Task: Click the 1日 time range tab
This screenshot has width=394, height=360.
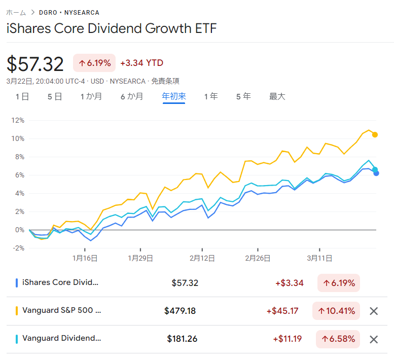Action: coord(22,96)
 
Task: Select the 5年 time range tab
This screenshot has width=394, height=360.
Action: coord(243,96)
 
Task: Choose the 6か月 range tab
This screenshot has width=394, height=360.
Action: coord(132,96)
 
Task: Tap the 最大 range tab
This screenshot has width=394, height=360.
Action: coord(277,96)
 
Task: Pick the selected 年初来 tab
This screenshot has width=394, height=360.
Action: coord(174,96)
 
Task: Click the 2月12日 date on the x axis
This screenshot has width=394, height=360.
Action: coord(202,258)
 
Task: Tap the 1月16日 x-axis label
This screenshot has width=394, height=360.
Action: coord(85,258)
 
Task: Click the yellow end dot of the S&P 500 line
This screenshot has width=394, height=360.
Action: coord(375,134)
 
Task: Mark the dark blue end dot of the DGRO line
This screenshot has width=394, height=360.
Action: coord(376,173)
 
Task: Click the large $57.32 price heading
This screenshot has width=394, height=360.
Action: coord(35,64)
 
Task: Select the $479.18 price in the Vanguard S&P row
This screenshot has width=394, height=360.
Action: coord(180,311)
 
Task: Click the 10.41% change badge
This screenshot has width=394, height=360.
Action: coord(337,311)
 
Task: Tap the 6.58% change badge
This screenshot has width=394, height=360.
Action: coord(337,339)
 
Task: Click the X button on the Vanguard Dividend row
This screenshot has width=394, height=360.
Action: coord(374,339)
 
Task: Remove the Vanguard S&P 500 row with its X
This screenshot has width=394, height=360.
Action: coord(374,311)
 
